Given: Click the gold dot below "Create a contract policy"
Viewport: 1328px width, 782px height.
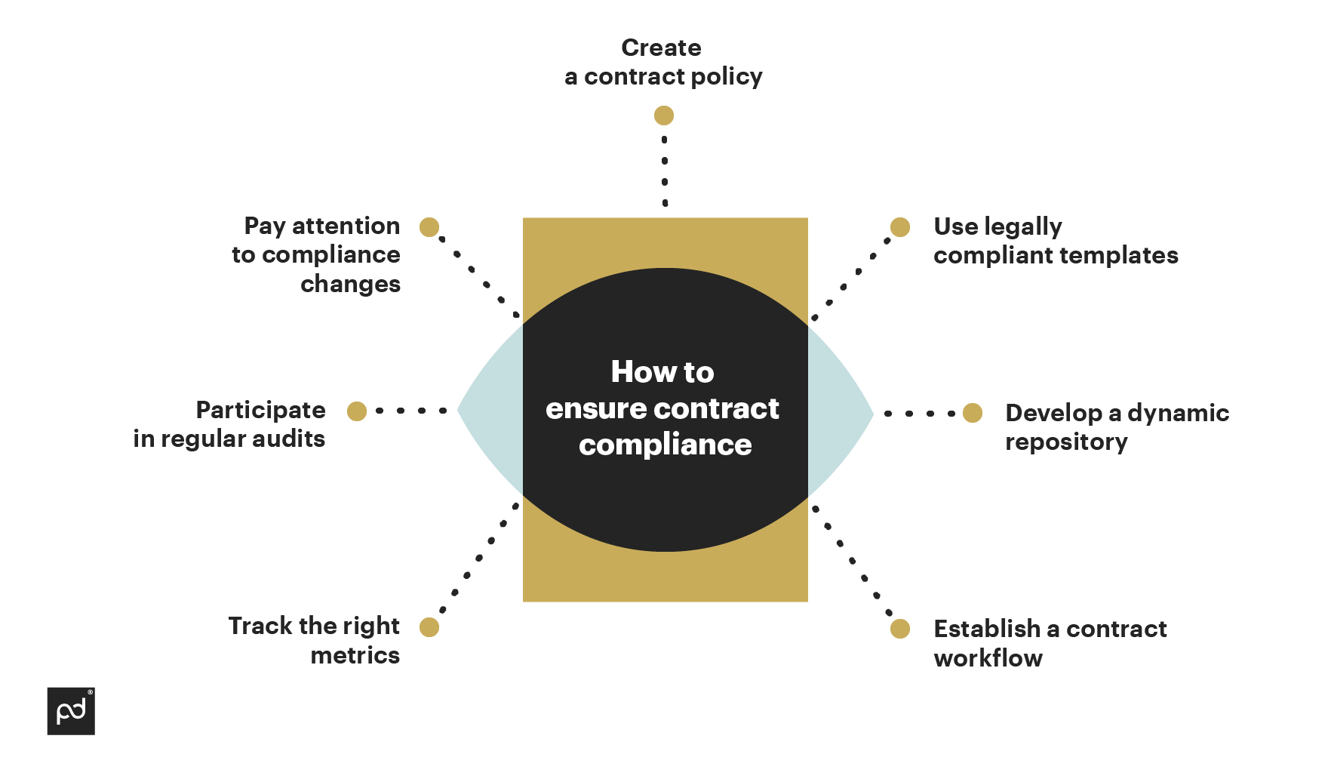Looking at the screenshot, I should point(664,115).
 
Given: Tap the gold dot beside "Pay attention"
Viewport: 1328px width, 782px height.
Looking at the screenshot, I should point(429,227).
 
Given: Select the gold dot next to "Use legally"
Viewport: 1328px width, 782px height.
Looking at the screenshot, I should point(900,227).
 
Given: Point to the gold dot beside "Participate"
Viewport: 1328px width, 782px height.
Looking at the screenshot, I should point(357,411).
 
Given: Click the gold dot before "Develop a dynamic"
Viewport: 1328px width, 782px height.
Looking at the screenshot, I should point(973,413).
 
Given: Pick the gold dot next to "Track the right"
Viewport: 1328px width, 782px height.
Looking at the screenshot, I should point(429,627).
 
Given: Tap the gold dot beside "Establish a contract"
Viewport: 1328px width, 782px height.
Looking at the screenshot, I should point(900,629).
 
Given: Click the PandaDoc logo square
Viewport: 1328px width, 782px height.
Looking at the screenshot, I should point(71,711).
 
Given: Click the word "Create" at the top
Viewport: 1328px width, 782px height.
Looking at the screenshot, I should point(661,48).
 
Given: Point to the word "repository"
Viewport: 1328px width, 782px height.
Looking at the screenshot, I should point(1066,442).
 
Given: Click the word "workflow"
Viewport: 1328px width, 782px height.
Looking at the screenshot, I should point(988,658).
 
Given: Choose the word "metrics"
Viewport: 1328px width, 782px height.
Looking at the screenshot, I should point(355,655).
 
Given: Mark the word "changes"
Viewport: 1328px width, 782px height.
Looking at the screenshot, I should point(351,285).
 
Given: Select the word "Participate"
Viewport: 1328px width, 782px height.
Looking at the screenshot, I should point(261,410).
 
